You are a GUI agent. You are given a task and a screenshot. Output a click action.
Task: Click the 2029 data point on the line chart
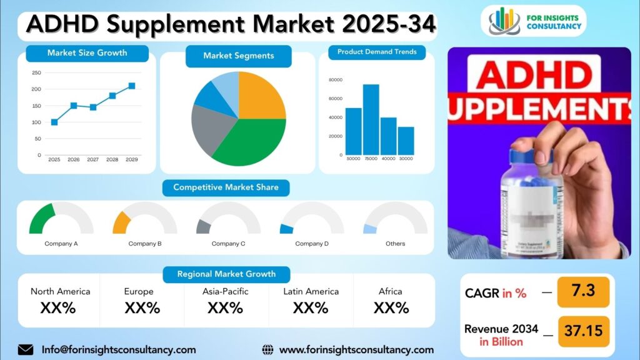(x=132, y=86)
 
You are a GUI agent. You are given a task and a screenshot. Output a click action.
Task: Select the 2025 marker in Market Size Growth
(x=54, y=122)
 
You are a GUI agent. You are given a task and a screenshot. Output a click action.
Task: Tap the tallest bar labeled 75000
(x=371, y=119)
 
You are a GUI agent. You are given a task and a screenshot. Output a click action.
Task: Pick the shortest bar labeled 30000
(x=406, y=141)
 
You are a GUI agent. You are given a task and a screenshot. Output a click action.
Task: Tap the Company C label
(x=228, y=244)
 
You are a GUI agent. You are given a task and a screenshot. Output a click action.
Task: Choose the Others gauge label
(x=395, y=244)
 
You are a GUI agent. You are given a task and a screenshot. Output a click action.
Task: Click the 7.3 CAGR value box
(x=582, y=292)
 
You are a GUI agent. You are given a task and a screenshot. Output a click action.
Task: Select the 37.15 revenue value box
(x=582, y=331)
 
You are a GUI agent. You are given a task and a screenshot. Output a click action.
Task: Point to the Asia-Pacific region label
(x=226, y=291)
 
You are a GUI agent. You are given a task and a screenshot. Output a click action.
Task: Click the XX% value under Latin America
(x=311, y=307)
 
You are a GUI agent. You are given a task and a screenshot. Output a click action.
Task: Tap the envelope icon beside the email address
(x=26, y=350)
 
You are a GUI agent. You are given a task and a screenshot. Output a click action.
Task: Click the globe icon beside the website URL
(x=267, y=350)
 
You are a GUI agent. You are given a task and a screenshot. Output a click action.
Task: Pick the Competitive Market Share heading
(x=226, y=187)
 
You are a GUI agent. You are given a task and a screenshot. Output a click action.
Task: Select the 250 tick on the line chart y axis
(x=36, y=73)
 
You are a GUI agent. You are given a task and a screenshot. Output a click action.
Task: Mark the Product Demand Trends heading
(x=377, y=52)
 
